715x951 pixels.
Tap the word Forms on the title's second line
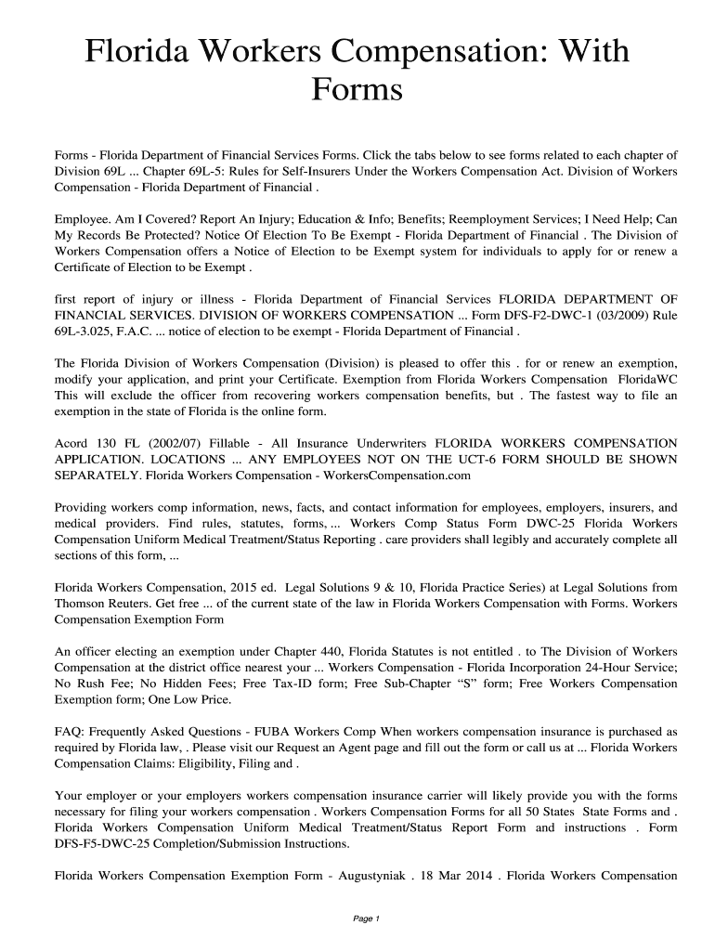tap(357, 91)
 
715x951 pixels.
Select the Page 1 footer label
tap(357, 918)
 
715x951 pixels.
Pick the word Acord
tap(71, 443)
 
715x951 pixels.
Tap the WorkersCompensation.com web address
tap(394, 475)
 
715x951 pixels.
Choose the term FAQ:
tap(71, 732)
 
